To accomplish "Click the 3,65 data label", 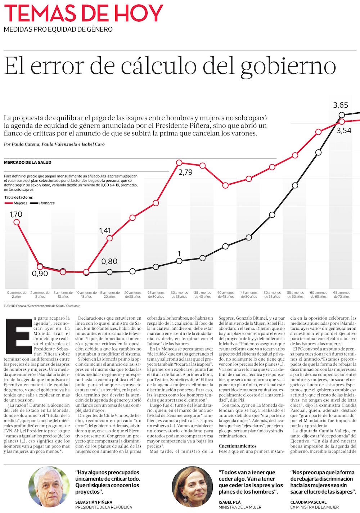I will tap(341, 105).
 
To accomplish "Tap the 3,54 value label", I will tap(344, 131).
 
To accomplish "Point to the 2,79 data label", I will tap(185, 172).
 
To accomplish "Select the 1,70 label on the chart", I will tap(16, 214).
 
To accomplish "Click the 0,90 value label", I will tap(40, 274).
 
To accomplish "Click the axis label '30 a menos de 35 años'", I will tap(179, 294).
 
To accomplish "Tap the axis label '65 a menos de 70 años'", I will tap(341, 294).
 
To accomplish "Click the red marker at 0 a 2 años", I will tap(17, 222).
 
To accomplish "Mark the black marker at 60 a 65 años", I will tap(318, 153).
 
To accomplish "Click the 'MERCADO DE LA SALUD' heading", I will tap(27, 163).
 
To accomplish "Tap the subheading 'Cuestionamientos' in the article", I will tap(238, 446).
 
